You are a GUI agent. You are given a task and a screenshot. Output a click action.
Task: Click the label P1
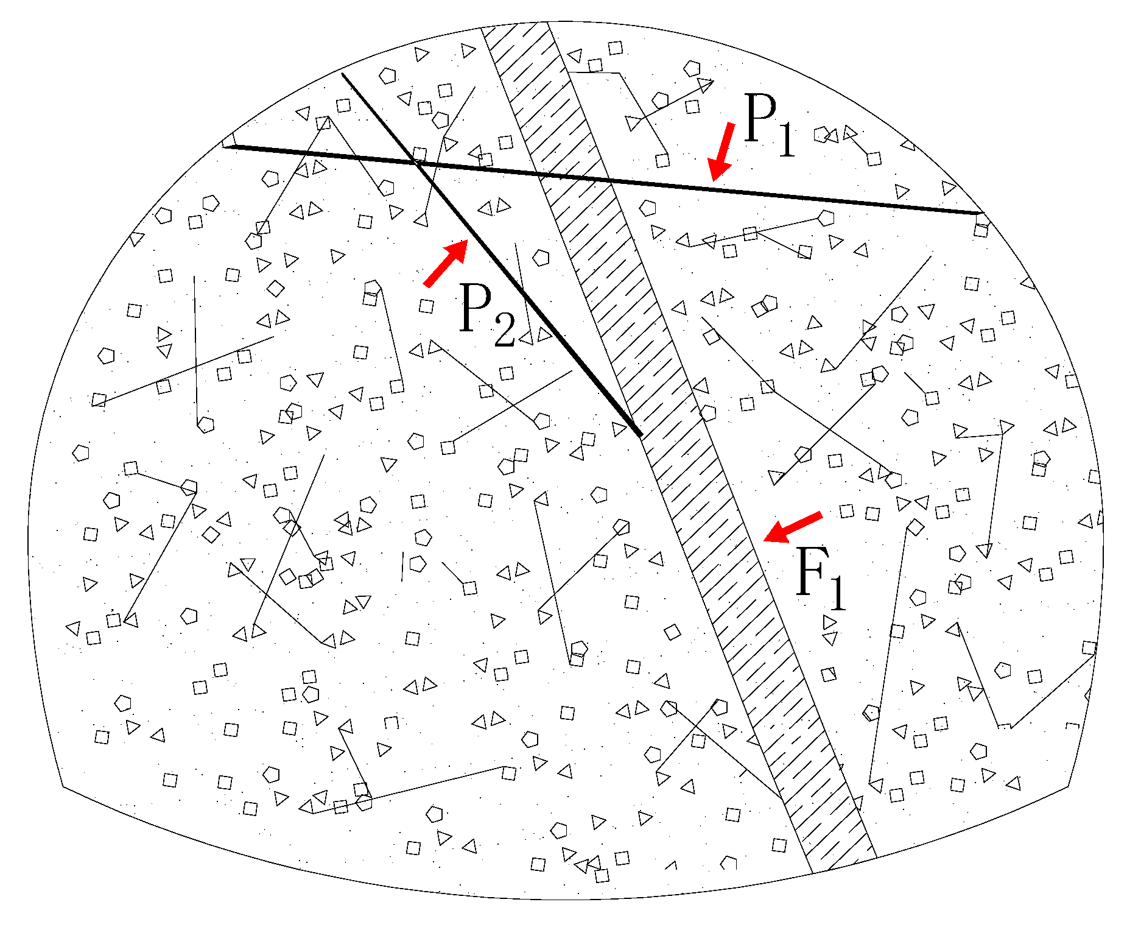click(768, 125)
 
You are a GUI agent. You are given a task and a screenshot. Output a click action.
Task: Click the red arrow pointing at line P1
click(722, 151)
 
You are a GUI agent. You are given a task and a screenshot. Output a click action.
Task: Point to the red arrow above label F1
click(793, 527)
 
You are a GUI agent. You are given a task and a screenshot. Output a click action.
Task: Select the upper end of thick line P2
click(343, 74)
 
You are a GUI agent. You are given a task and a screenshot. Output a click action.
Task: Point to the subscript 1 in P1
click(787, 140)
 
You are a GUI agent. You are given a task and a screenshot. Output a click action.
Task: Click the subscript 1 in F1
click(838, 592)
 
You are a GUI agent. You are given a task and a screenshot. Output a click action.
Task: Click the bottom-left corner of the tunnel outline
click(63, 787)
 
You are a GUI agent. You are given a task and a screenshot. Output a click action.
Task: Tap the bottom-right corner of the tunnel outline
click(1069, 787)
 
